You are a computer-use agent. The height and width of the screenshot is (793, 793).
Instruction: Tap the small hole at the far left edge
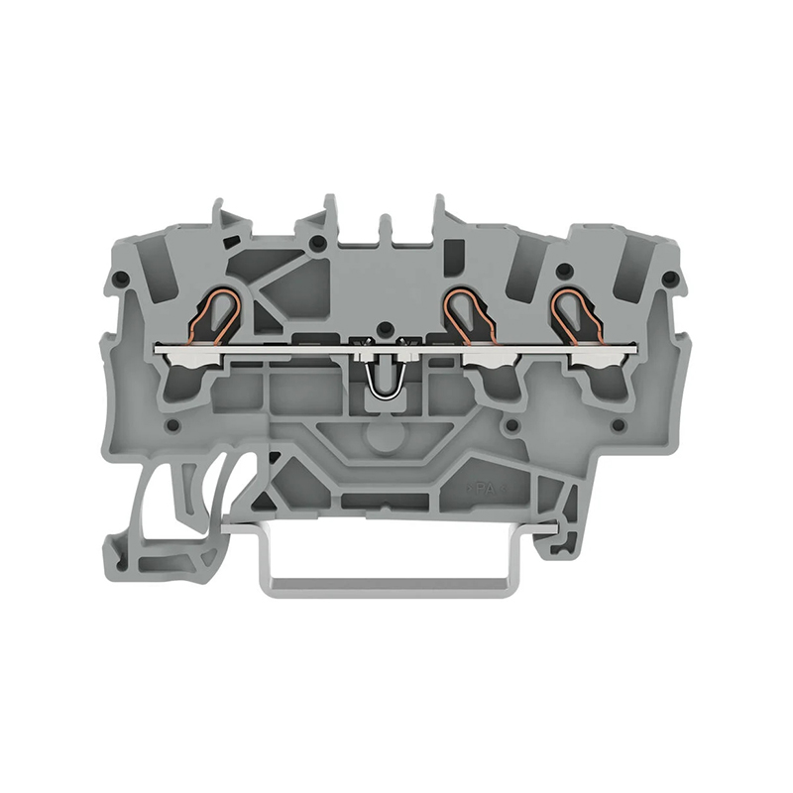click(120, 280)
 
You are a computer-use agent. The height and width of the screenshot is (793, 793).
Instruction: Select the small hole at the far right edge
click(670, 278)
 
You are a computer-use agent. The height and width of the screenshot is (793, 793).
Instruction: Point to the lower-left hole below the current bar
click(172, 426)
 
